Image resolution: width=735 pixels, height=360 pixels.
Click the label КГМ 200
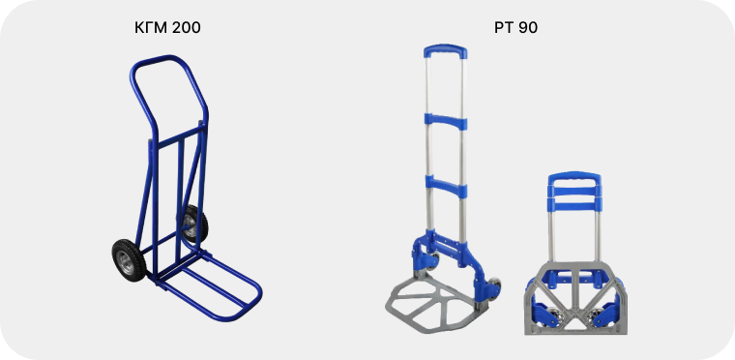(167, 28)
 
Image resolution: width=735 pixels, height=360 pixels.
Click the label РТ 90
(515, 28)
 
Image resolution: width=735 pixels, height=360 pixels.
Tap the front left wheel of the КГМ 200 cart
(129, 260)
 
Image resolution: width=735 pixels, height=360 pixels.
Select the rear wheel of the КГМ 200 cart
(192, 224)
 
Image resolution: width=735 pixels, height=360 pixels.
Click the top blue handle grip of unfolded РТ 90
(445, 50)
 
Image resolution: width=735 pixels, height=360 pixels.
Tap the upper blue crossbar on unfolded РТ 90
(446, 121)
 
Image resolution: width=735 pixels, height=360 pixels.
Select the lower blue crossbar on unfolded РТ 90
(446, 186)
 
